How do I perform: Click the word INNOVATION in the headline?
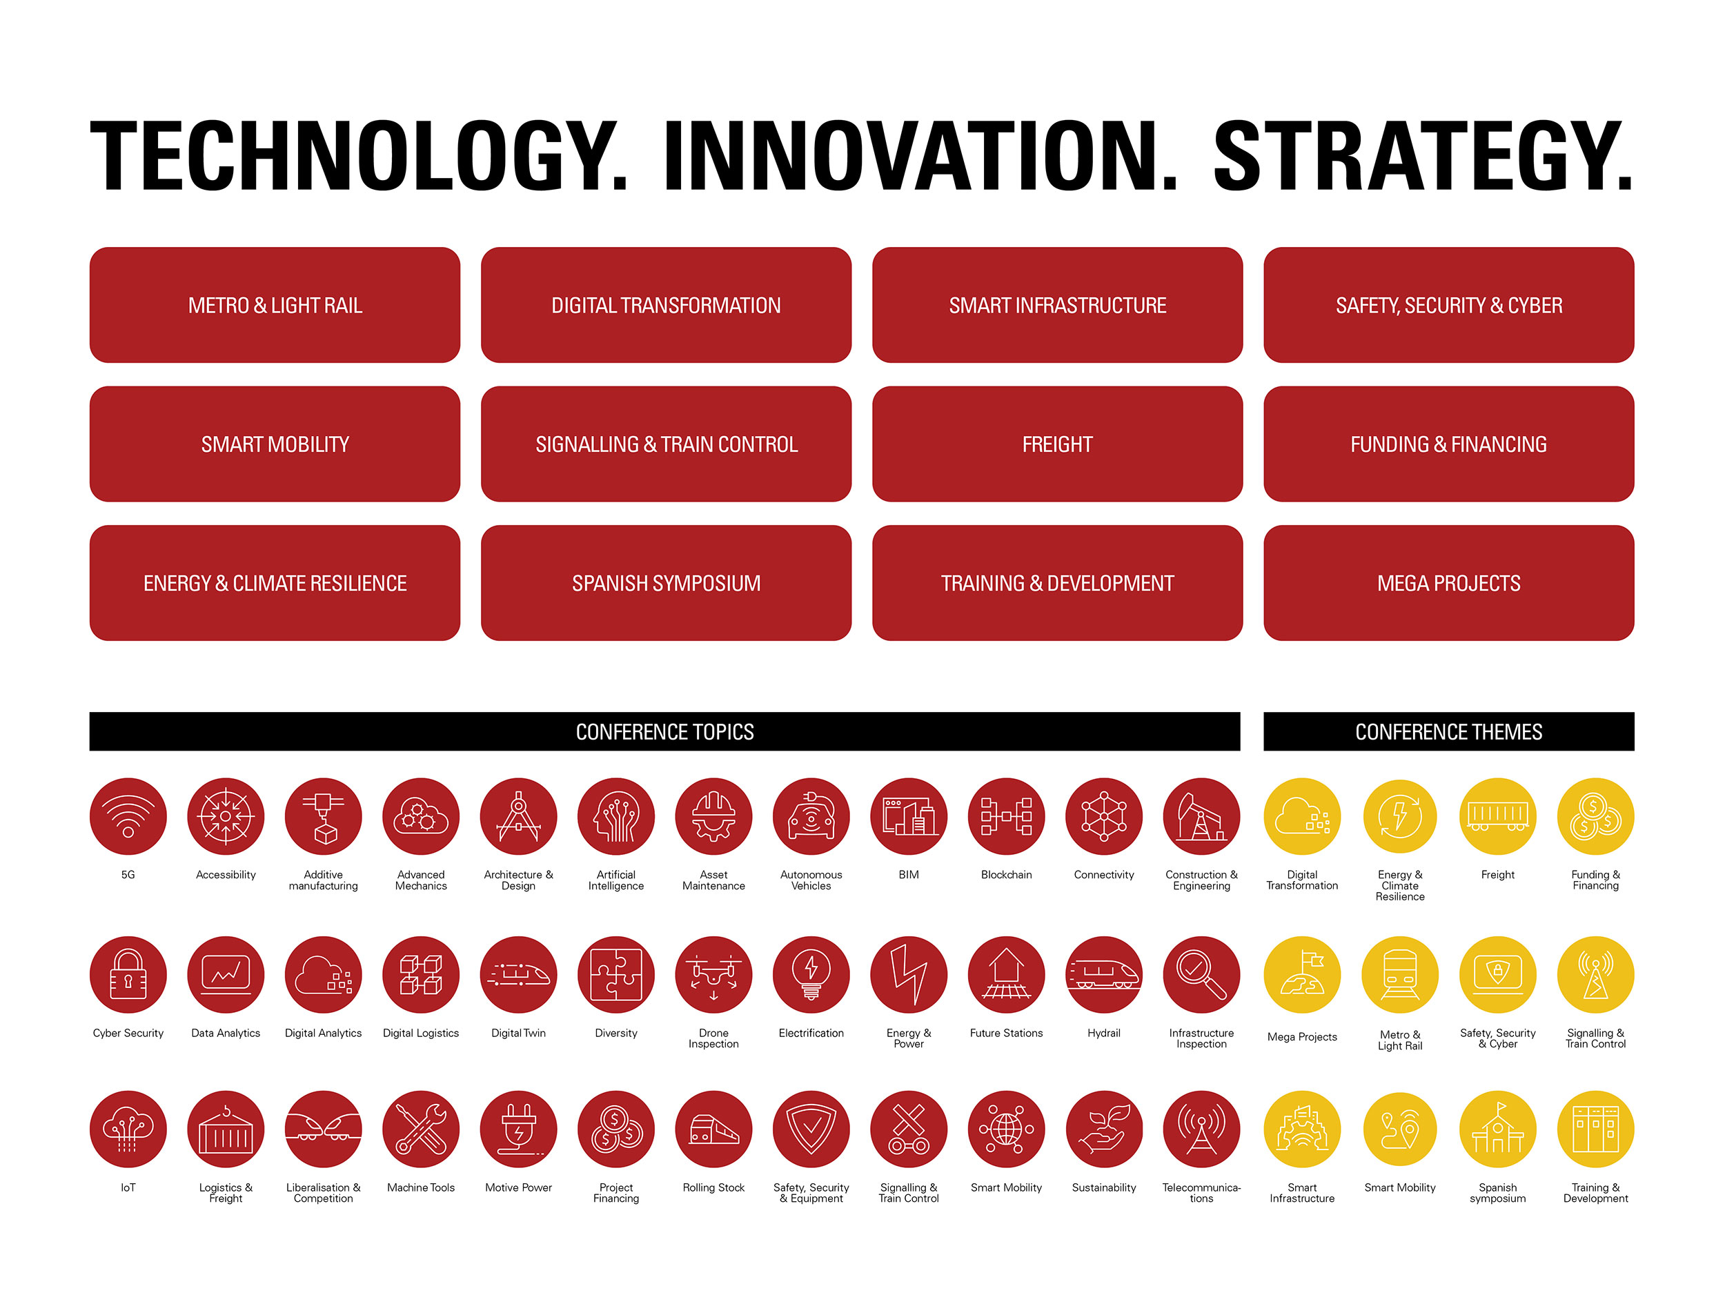pyautogui.click(x=920, y=156)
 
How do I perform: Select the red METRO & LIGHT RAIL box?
pyautogui.click(x=275, y=305)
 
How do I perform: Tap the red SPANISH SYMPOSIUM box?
pyautogui.click(x=666, y=583)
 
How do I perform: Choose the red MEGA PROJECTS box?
pyautogui.click(x=1449, y=583)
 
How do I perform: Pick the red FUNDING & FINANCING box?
pyautogui.click(x=1449, y=444)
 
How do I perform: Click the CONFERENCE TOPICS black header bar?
pyautogui.click(x=664, y=732)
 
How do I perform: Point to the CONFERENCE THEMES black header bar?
pyautogui.click(x=1449, y=732)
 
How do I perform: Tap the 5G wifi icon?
pyautogui.click(x=128, y=816)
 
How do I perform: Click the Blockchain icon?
pyautogui.click(x=1007, y=816)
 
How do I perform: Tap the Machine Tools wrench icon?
pyautogui.click(x=421, y=1129)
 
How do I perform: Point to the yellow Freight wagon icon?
pyautogui.click(x=1498, y=816)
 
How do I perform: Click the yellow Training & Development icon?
pyautogui.click(x=1596, y=1129)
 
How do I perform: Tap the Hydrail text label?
pyautogui.click(x=1103, y=1034)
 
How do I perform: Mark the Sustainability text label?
pyautogui.click(x=1103, y=1187)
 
